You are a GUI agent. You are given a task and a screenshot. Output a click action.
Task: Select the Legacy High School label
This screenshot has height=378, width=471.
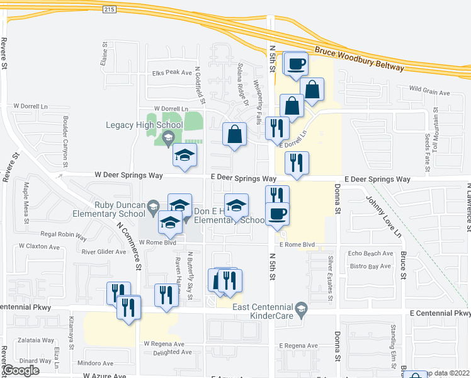coord(144,125)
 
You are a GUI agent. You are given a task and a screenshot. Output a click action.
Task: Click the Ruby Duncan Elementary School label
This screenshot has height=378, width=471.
coord(120,209)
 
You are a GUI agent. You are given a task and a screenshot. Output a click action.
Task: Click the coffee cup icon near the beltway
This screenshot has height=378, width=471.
coord(295,63)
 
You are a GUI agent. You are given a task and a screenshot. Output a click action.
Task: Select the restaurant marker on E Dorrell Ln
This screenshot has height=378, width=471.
coord(277,129)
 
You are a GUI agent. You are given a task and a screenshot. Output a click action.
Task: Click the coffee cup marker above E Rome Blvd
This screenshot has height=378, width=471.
coord(277,214)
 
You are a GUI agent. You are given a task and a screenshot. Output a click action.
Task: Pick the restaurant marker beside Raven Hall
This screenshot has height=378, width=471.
coord(166,295)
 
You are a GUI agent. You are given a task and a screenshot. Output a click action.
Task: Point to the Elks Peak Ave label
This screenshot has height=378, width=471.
coord(171,72)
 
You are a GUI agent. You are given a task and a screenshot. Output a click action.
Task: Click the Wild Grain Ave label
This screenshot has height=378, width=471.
coord(430,89)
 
